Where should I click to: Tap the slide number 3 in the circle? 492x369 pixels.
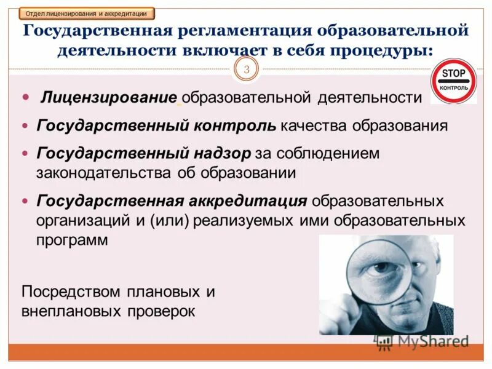(246, 69)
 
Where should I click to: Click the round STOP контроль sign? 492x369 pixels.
(454, 81)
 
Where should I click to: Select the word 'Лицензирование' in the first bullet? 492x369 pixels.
(109, 97)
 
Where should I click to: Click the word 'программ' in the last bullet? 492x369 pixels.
(73, 239)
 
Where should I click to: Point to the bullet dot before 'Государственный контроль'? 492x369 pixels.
(25, 126)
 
